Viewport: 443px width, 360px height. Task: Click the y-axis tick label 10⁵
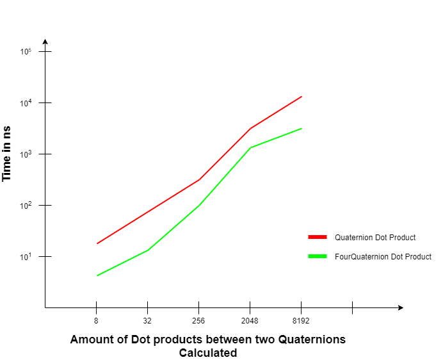[x=26, y=51]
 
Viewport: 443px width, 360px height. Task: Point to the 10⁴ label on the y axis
[x=26, y=102]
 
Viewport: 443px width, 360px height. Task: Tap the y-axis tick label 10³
[x=26, y=154]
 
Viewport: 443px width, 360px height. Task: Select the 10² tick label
[x=26, y=205]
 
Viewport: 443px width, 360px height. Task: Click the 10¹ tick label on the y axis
[x=26, y=256]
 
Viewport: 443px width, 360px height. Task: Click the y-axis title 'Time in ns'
[x=7, y=153]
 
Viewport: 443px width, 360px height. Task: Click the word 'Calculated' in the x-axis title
[x=208, y=353]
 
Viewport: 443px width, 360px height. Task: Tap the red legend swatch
[x=318, y=237]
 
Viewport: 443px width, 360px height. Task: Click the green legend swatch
[x=318, y=256]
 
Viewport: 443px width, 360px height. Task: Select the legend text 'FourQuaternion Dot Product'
[x=383, y=256]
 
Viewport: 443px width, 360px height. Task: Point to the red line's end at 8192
[x=302, y=97]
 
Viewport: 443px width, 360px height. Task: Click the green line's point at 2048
[x=250, y=148]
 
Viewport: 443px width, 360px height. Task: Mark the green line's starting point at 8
[x=97, y=275]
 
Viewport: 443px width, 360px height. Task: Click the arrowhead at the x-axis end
[x=400, y=307]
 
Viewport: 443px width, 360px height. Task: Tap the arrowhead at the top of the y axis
[x=45, y=42]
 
